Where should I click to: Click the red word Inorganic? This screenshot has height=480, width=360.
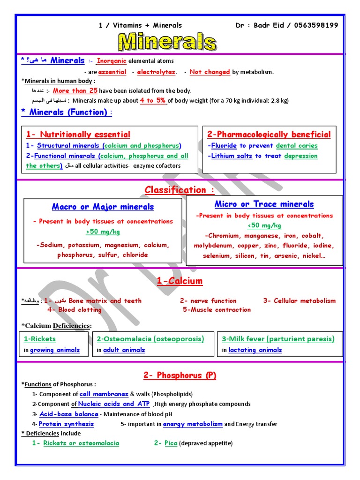click(x=112, y=61)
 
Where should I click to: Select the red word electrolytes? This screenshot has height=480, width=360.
click(x=156, y=72)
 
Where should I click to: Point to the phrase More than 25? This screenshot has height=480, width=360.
click(x=75, y=90)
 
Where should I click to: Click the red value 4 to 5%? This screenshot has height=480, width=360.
click(x=153, y=100)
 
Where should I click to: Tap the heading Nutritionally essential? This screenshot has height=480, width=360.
click(x=78, y=135)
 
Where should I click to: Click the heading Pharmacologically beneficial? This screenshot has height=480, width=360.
click(x=269, y=135)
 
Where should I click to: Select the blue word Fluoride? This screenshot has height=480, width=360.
click(x=224, y=146)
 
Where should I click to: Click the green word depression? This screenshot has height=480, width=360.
click(x=301, y=156)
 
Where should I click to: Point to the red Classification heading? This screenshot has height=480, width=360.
click(x=179, y=190)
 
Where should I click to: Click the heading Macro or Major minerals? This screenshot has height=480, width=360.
click(x=103, y=207)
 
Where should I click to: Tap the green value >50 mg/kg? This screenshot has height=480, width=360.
click(x=103, y=232)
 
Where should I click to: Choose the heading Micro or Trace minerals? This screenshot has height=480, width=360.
click(x=264, y=204)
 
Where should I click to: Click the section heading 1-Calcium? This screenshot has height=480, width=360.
click(x=180, y=281)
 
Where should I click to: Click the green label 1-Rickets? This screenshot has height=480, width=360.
click(x=40, y=339)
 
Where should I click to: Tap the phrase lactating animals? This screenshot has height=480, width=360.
click(x=255, y=350)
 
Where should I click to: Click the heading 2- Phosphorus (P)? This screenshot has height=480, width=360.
click(x=180, y=375)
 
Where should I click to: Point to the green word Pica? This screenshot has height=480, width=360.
click(x=171, y=443)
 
